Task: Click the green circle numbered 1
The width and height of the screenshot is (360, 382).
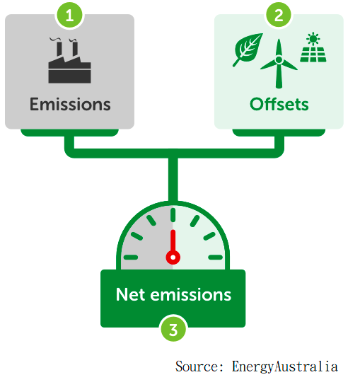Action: [69, 15]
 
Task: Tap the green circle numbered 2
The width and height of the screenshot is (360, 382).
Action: [279, 15]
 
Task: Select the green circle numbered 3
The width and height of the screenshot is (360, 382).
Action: [173, 330]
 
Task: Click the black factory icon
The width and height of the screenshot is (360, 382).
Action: [69, 61]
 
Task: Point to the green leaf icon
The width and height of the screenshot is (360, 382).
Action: [248, 50]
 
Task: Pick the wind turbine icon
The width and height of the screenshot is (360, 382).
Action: [279, 64]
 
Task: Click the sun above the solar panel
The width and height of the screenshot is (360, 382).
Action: [313, 39]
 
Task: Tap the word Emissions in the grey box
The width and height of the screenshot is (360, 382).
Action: [70, 104]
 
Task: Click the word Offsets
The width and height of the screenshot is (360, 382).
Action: [279, 104]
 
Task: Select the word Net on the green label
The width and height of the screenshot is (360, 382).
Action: [131, 295]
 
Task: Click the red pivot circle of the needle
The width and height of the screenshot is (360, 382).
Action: [173, 257]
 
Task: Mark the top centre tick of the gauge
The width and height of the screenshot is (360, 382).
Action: [173, 215]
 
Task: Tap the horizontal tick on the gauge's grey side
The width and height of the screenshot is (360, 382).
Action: [131, 257]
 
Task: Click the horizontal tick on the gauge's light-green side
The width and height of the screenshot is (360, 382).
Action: [215, 257]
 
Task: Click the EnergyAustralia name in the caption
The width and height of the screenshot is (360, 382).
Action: [285, 367]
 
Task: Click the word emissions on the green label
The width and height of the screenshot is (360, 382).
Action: [191, 295]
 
